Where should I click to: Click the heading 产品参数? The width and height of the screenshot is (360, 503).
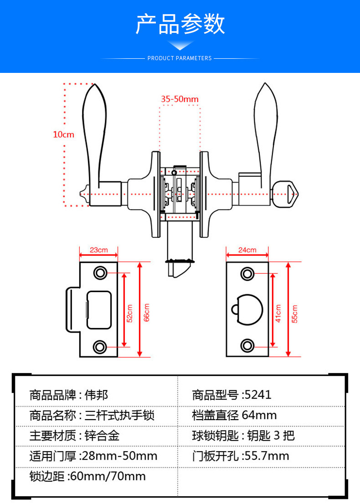180,24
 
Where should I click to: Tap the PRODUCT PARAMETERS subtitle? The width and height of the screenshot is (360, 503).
180,58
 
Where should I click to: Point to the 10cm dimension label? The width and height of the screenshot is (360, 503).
63,134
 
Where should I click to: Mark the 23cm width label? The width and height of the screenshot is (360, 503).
98,250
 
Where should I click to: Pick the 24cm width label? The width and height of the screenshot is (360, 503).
247,250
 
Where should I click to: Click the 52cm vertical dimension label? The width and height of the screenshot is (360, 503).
129,314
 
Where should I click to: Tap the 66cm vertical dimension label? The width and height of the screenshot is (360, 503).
147,313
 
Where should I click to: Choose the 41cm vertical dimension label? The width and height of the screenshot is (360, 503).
278,313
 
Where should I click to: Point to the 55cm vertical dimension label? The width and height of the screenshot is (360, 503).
294,313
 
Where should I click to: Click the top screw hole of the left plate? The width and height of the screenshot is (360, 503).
99,273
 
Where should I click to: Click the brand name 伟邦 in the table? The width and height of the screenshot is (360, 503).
97,395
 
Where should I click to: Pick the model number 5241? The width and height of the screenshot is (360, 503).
258,395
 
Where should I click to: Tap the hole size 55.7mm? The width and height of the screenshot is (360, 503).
267,456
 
